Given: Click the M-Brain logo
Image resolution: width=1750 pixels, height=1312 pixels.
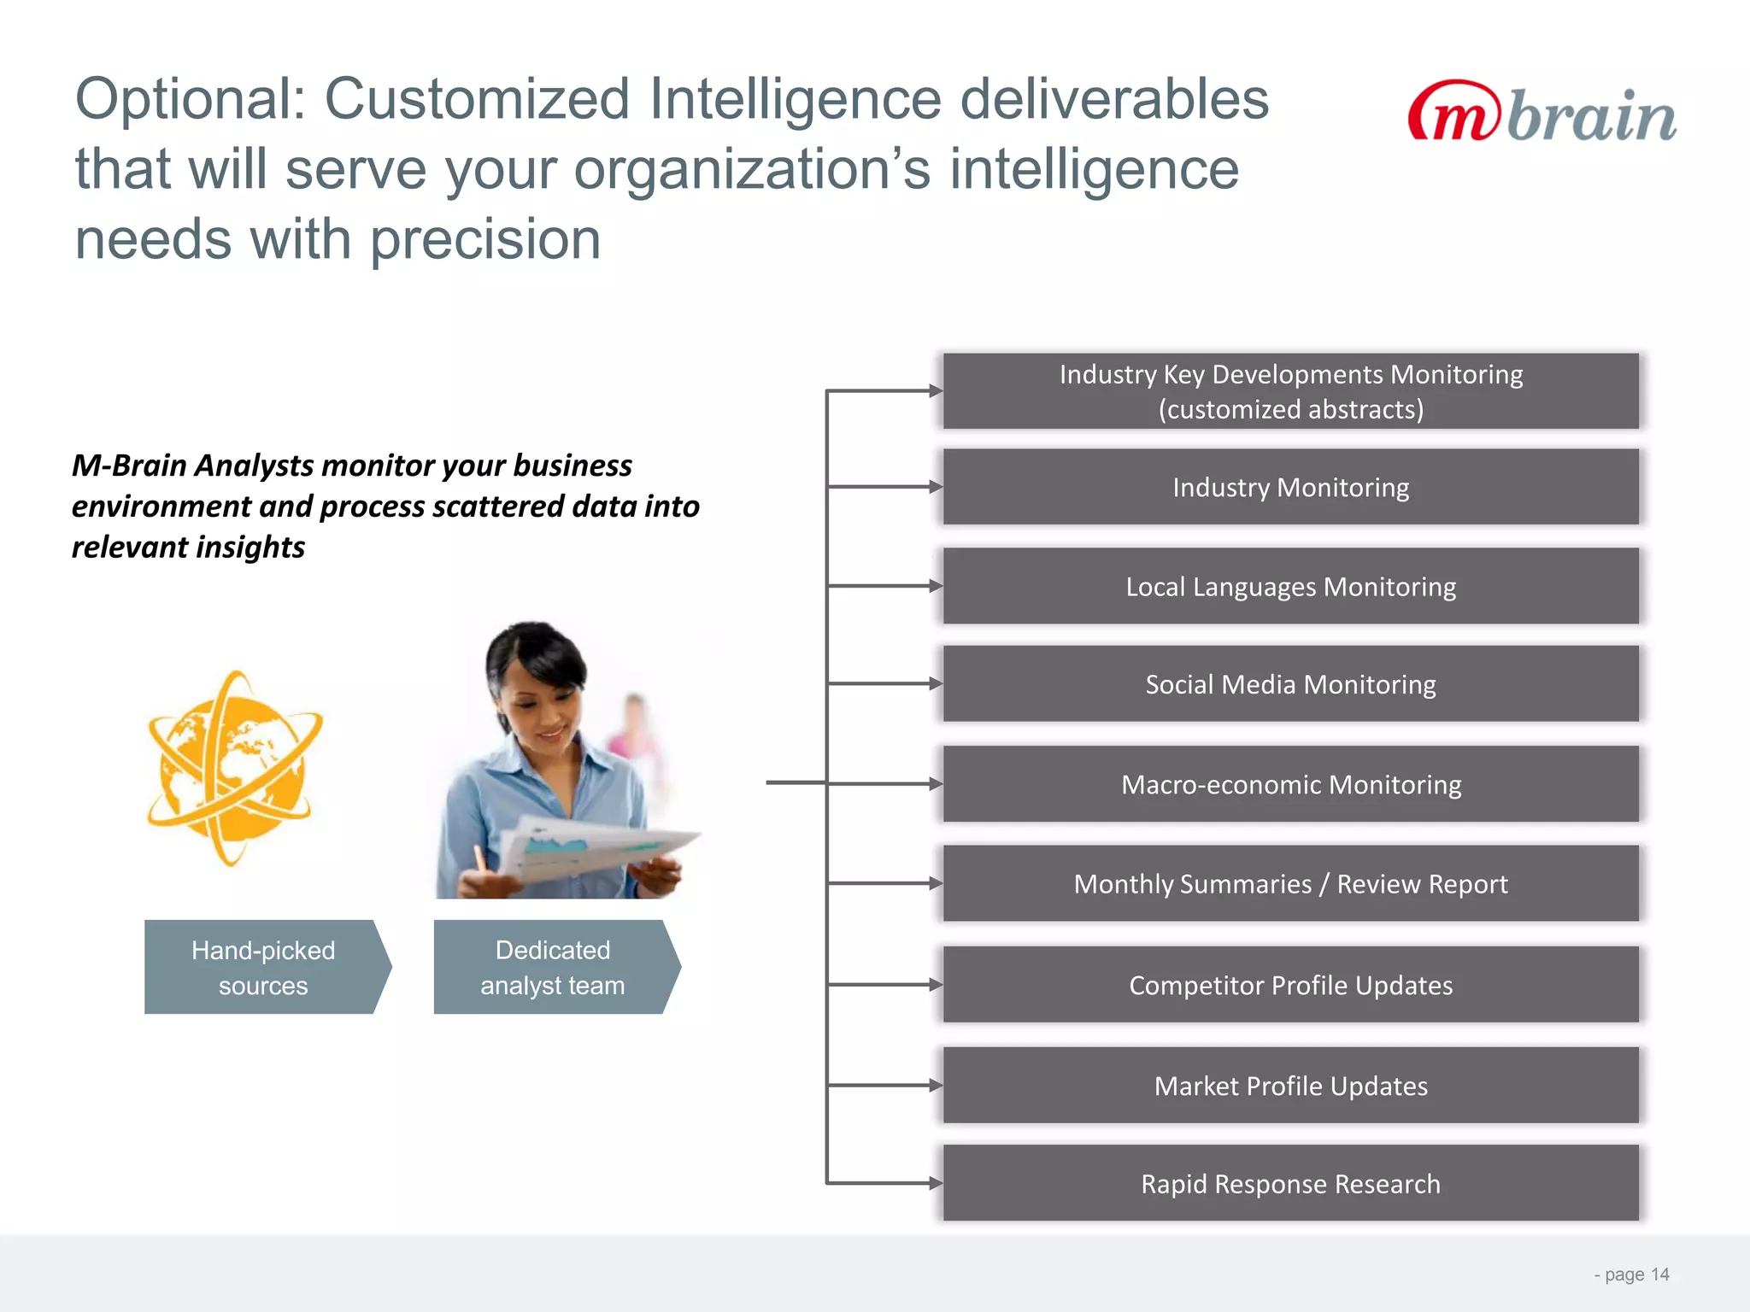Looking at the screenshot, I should [1542, 114].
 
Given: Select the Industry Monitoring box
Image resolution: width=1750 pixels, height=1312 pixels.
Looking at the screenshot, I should [1290, 487].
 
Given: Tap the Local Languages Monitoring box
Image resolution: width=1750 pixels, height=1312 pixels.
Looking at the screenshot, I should [1290, 587].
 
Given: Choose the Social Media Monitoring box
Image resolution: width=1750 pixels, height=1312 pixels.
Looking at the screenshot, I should [1290, 684].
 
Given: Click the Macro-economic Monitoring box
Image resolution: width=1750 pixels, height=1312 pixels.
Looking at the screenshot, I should [1290, 784].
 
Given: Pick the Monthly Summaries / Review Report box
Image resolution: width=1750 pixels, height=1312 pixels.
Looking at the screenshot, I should [1290, 884].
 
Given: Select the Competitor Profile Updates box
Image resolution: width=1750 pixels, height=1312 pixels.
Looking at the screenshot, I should [1290, 985].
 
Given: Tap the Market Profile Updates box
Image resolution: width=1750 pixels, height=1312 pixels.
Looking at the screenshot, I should [1290, 1086].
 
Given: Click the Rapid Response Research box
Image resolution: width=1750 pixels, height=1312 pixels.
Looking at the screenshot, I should [1290, 1184].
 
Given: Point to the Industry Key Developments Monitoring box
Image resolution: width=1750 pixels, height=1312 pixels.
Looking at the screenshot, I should [1290, 391].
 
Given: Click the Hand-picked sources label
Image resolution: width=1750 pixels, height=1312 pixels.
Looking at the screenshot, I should [263, 968].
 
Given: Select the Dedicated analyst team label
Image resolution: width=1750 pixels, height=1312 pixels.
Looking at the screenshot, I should [552, 968].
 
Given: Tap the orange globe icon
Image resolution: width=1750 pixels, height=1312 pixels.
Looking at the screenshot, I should [232, 769].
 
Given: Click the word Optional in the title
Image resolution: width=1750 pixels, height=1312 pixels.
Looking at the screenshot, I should [190, 100].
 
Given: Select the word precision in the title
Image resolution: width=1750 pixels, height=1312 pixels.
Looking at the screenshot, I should [485, 240].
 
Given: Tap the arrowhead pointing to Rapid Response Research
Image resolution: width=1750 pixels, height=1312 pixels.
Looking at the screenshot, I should [937, 1184].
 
